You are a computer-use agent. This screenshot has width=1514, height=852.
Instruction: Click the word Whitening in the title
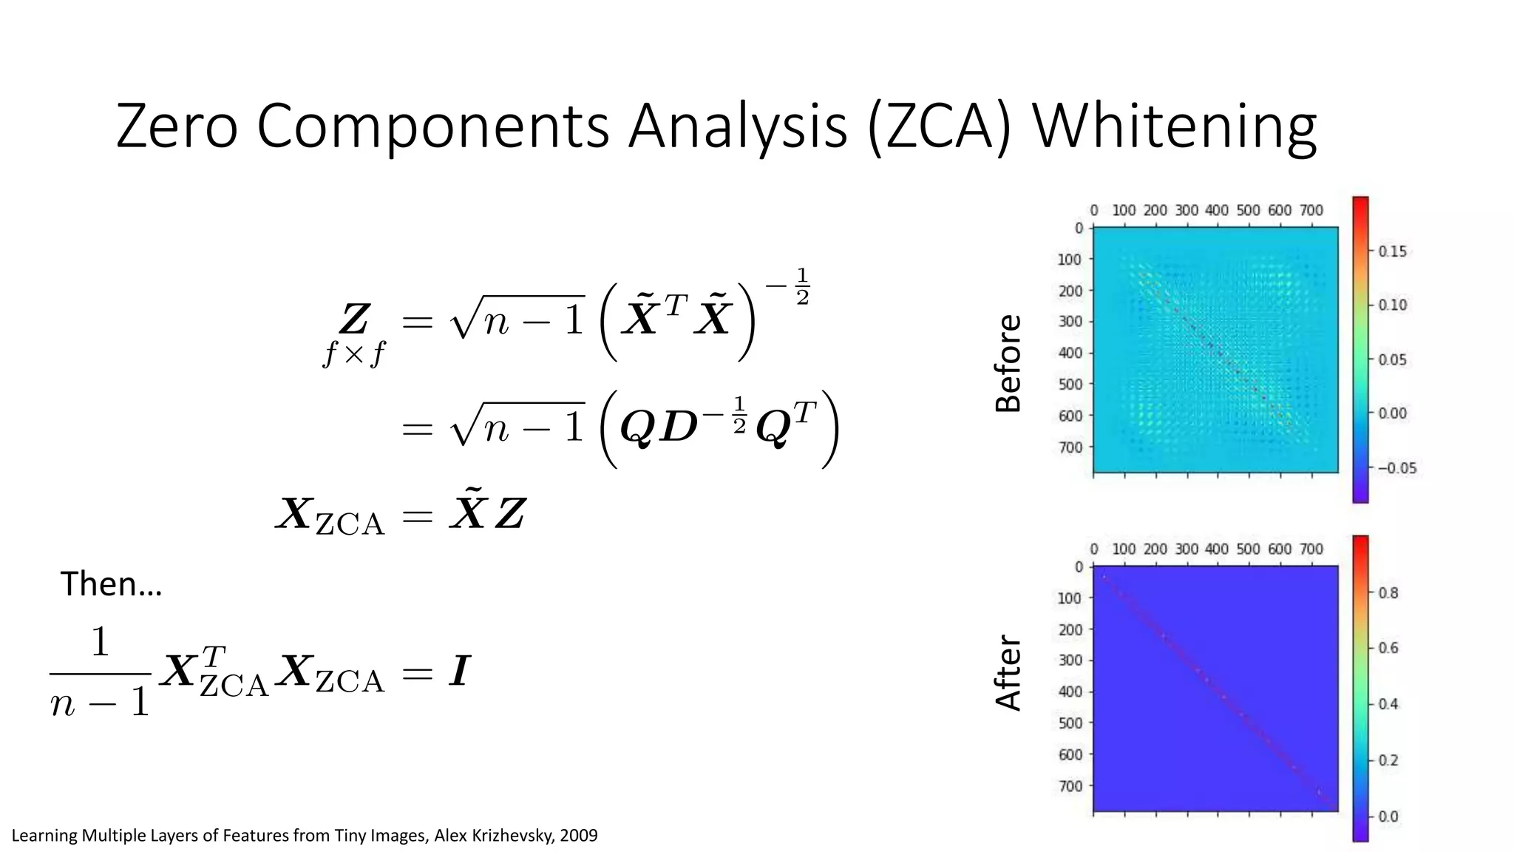coord(1174,127)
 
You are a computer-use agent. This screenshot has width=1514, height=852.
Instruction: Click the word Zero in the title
coord(177,127)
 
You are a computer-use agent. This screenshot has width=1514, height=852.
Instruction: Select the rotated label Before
coord(1008,363)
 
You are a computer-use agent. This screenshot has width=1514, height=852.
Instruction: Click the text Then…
coord(111,584)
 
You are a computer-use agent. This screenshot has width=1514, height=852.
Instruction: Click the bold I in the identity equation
coord(459,672)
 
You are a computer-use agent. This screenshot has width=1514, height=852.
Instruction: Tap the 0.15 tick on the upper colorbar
coord(1393,251)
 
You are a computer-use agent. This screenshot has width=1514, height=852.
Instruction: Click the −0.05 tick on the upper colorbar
coord(1396,468)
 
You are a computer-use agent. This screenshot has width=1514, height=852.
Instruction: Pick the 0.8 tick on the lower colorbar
coord(1388,592)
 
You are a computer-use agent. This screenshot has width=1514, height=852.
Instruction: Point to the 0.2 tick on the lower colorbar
coord(1388,760)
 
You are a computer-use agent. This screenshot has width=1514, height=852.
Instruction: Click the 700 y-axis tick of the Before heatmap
coord(1069,447)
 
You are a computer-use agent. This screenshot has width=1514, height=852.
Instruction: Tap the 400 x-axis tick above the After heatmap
coord(1217,550)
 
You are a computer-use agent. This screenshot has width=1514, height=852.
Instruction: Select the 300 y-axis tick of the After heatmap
coord(1069,660)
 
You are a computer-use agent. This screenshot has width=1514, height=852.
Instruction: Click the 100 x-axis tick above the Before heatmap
coord(1124,211)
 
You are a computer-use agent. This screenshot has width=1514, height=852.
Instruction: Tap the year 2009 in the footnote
coord(579,836)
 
